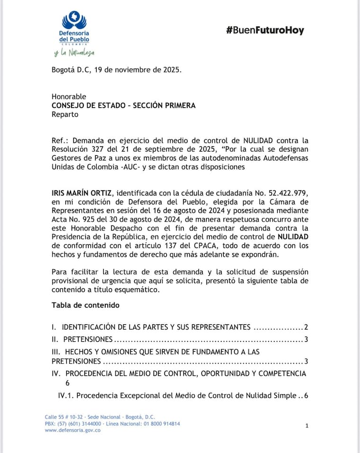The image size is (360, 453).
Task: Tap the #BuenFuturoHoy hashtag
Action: point(265,31)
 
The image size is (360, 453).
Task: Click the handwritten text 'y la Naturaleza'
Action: point(74,52)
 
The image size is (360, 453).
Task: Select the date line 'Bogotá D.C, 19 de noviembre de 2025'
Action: point(116,70)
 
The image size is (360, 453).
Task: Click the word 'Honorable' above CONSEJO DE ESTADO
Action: point(69,97)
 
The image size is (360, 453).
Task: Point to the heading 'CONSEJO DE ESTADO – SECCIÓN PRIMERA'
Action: point(123,106)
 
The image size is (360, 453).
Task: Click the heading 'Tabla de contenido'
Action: point(85,305)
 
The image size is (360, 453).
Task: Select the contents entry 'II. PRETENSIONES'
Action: point(82,339)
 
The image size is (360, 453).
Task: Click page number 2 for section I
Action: point(306,327)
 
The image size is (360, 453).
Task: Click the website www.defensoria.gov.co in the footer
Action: point(72,430)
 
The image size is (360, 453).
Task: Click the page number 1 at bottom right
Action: point(307,426)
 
